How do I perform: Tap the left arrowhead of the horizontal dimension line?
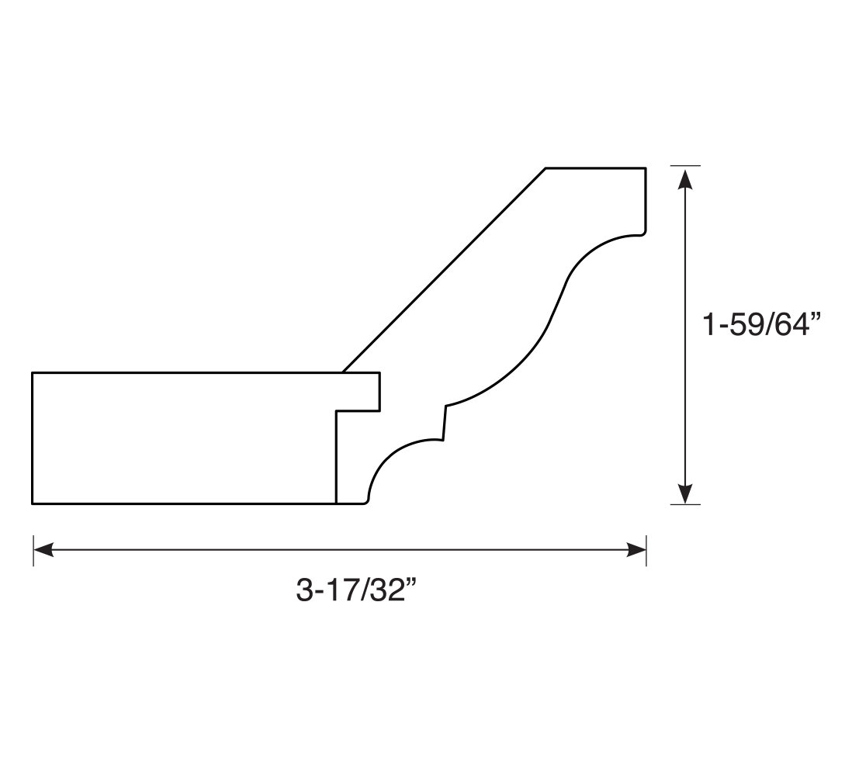point(43,550)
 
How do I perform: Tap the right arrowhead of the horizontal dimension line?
point(636,550)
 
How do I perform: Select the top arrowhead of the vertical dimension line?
point(686,178)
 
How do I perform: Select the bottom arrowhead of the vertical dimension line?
point(686,493)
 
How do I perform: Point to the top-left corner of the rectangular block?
point(33,373)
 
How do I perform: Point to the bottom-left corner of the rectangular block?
point(33,503)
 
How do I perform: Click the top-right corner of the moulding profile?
point(646,168)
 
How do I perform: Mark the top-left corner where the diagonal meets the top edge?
point(545,168)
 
